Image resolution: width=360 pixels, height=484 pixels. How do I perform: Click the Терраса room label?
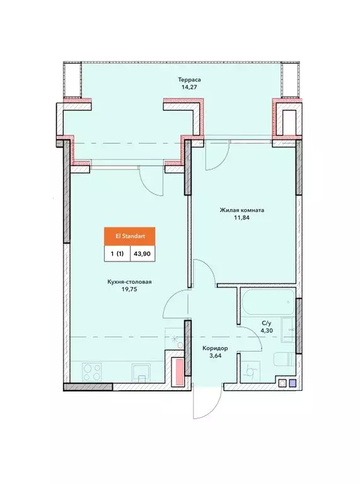tap(189, 79)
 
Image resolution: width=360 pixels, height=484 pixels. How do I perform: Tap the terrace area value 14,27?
tap(189, 87)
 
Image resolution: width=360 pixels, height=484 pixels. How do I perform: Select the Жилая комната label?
tap(241, 210)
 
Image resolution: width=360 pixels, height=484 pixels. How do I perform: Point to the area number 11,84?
tap(241, 217)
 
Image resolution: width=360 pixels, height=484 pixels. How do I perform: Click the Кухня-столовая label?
tap(129, 282)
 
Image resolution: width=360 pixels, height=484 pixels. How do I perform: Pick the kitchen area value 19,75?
tap(129, 289)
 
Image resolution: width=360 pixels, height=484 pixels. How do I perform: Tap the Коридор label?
tap(215, 348)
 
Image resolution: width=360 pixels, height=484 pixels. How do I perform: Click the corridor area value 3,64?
tap(215, 355)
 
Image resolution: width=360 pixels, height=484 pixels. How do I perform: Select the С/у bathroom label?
tap(267, 323)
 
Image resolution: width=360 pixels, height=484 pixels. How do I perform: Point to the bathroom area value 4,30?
tap(267, 331)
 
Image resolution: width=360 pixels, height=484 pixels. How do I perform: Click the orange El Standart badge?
tap(130, 236)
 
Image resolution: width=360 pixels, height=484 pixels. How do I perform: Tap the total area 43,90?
tap(142, 254)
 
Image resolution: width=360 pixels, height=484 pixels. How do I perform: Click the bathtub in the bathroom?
tap(267, 302)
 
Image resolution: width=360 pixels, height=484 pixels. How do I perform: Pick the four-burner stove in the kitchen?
tap(92, 372)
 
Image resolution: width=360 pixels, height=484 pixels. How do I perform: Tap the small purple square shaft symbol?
tap(293, 383)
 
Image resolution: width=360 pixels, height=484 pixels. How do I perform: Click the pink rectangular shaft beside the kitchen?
tap(178, 372)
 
